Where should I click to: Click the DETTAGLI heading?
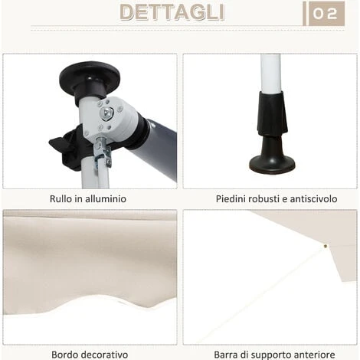tap(172, 12)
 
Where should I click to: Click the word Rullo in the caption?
tap(61, 199)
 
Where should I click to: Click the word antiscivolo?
tap(313, 199)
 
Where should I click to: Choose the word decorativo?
tap(103, 355)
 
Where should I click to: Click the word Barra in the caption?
tap(224, 355)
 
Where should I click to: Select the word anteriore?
tap(314, 355)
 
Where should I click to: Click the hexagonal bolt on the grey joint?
tap(106, 113)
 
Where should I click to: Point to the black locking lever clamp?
tap(67, 148)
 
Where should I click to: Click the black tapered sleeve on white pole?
tap(273, 113)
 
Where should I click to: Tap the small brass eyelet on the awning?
tap(326, 246)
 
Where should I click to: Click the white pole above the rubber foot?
tap(270, 74)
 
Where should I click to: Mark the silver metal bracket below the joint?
tap(103, 152)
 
